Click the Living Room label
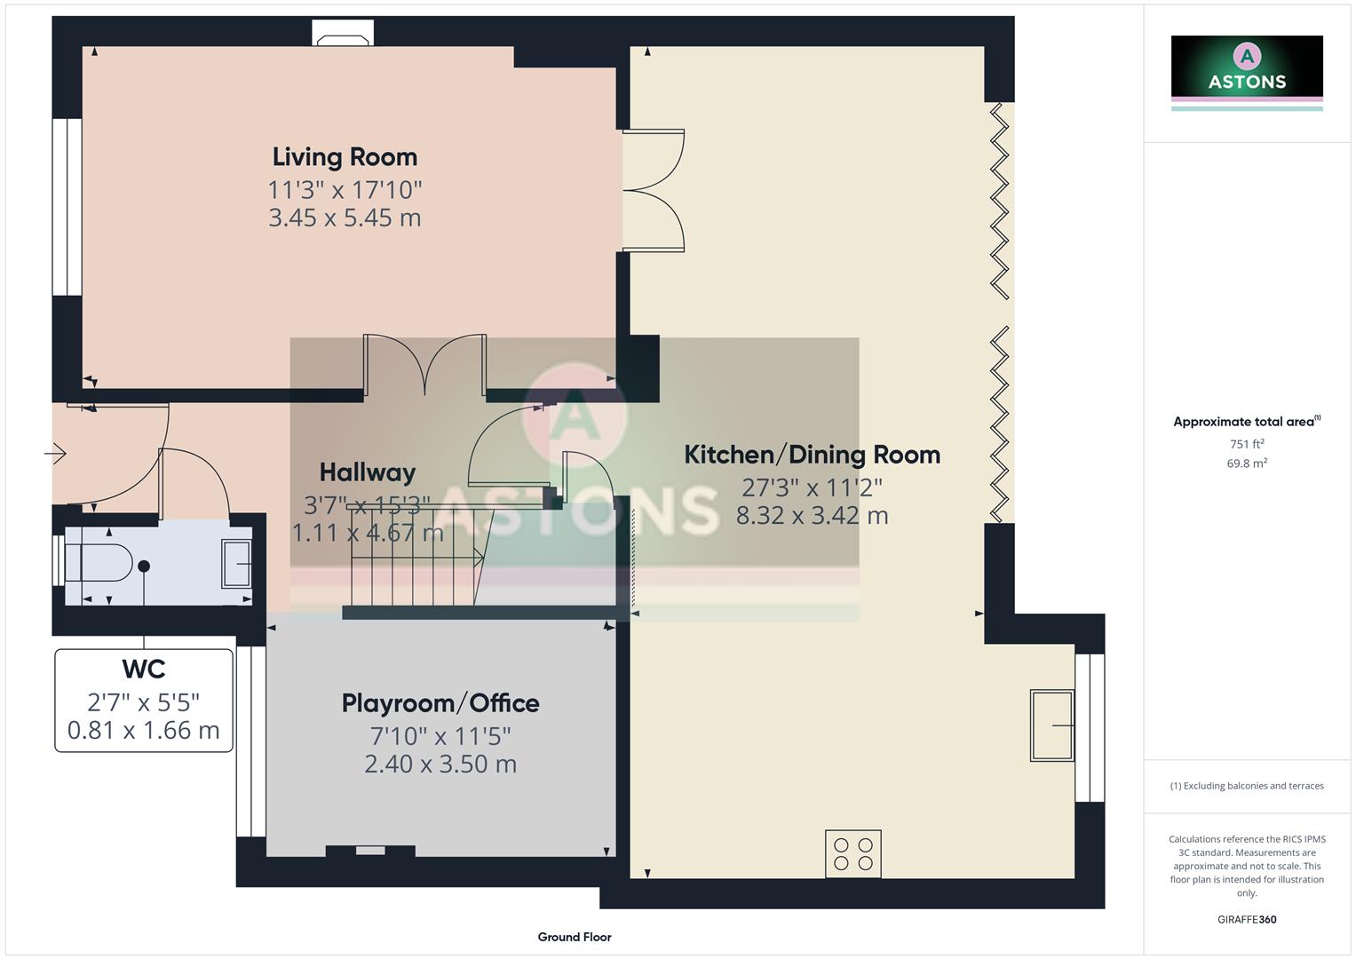pyautogui.click(x=345, y=157)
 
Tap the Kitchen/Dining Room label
pyautogui.click(x=812, y=455)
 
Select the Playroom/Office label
pyautogui.click(x=440, y=703)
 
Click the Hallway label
pyautogui.click(x=367, y=472)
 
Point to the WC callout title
pyautogui.click(x=144, y=669)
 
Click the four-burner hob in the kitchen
pyautogui.click(x=852, y=853)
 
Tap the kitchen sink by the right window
pyautogui.click(x=1051, y=725)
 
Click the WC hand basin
pyautogui.click(x=236, y=564)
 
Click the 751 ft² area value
pyautogui.click(x=1247, y=444)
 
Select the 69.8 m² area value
pyautogui.click(x=1247, y=464)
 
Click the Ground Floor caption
pyautogui.click(x=575, y=937)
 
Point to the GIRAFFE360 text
pyautogui.click(x=1247, y=920)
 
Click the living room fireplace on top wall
pyautogui.click(x=343, y=37)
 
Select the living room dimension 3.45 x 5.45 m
pyautogui.click(x=345, y=218)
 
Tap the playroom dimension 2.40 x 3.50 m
pyautogui.click(x=440, y=764)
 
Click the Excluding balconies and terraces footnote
pyautogui.click(x=1247, y=786)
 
